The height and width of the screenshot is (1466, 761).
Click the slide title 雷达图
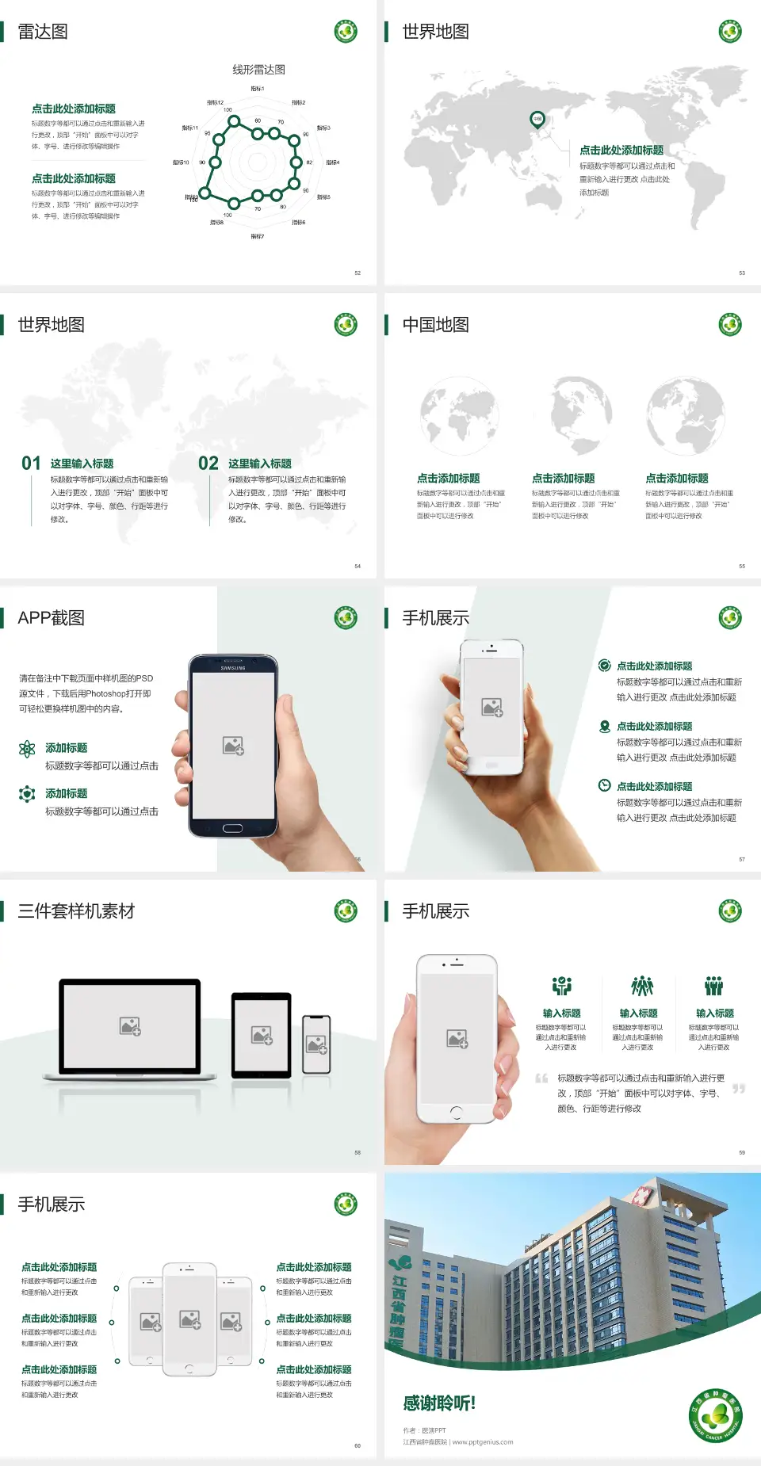pos(43,32)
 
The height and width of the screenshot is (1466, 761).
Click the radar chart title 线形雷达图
pos(258,70)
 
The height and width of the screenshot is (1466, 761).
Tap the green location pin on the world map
pos(537,120)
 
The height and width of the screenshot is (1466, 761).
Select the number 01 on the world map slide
pos(31,464)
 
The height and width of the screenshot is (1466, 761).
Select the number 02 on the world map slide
pos(208,464)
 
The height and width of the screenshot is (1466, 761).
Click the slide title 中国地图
pos(435,325)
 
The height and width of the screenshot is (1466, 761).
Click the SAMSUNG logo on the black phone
pos(233,668)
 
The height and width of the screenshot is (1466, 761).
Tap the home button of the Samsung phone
pos(232,828)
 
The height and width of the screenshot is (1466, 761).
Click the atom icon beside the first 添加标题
pos(27,749)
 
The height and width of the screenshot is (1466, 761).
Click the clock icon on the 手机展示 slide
pos(604,785)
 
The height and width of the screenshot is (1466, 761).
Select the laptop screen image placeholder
pos(130,1026)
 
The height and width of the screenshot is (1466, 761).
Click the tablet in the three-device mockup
pos(262,1035)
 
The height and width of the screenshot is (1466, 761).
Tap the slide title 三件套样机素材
pos(76,911)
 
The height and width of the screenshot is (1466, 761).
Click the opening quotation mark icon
pos(541,1079)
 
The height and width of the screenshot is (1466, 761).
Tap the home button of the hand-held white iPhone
pos(456,1112)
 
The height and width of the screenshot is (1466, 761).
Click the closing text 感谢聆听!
pos(438,1403)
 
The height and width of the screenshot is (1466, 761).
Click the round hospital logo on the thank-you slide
pos(715,1415)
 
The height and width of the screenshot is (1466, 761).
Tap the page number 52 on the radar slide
pos(358,273)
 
